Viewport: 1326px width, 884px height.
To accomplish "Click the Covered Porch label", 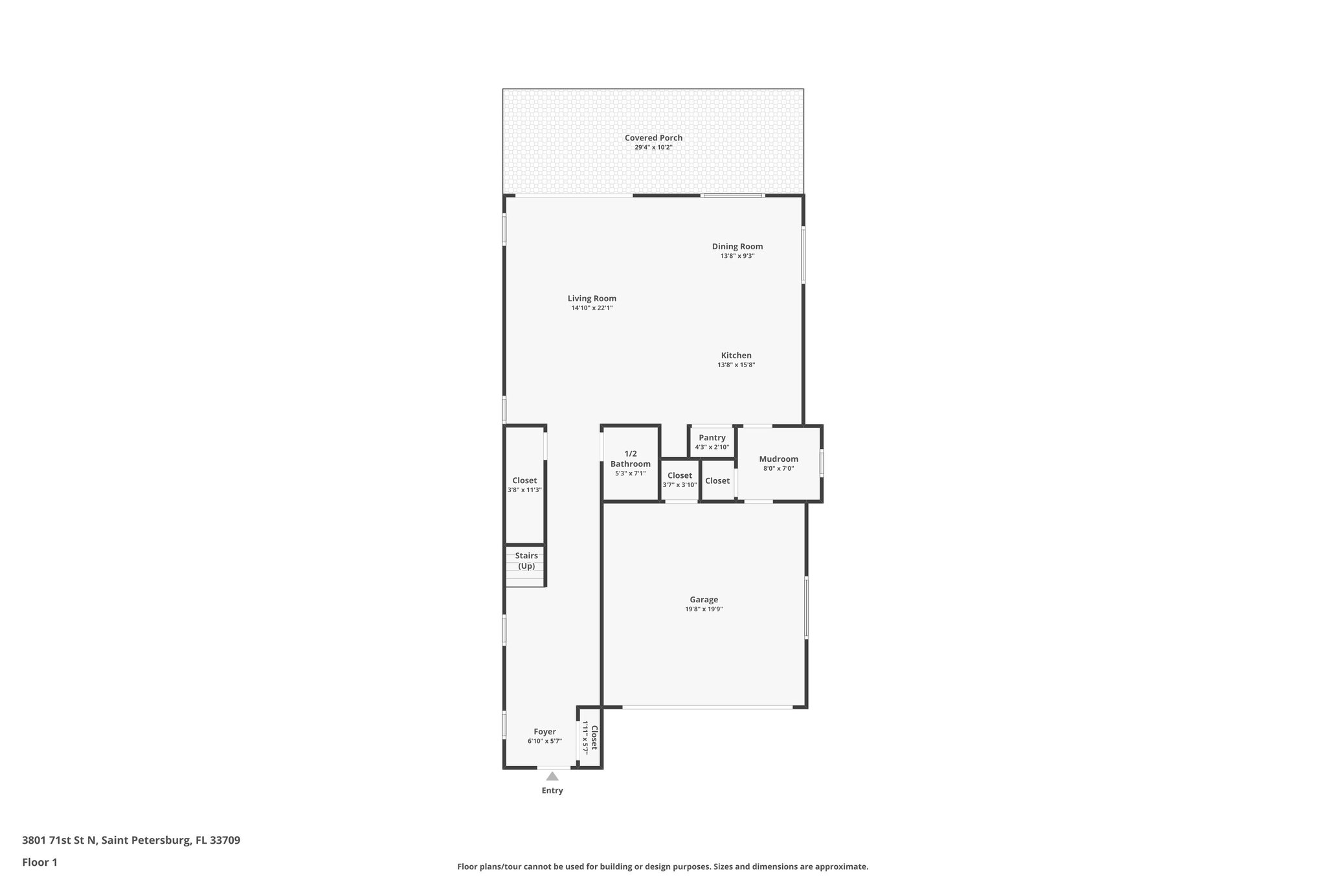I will pos(653,138).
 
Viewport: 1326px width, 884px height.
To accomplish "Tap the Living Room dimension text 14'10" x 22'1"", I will pos(592,308).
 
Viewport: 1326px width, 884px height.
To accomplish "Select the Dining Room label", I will pos(737,247).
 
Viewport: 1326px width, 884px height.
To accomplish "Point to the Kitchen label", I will pos(736,356).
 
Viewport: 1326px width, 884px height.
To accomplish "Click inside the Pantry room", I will pos(712,442).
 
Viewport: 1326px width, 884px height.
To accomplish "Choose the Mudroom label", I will pos(778,459).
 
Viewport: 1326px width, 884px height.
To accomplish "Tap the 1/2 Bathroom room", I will pos(630,463).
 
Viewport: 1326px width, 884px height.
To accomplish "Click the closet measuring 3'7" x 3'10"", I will pos(680,480).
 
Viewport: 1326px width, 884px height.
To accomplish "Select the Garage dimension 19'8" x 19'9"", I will pos(704,609).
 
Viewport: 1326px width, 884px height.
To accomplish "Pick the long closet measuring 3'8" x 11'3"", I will pos(524,485).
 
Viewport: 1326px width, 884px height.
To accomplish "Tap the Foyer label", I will pos(545,732).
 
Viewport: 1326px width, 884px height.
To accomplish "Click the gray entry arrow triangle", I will pos(552,776).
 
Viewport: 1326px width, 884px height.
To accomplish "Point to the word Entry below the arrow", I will pos(552,791).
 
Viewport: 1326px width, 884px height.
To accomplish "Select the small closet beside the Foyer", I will pos(589,737).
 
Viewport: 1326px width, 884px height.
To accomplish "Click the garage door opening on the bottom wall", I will pos(707,707).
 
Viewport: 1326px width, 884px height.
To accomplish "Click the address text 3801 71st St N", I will pos(60,841).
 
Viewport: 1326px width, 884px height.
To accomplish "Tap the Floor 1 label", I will pos(39,863).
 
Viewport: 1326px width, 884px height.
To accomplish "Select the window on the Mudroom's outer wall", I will pos(822,464).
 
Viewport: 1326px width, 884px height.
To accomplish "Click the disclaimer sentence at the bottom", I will pos(662,867).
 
